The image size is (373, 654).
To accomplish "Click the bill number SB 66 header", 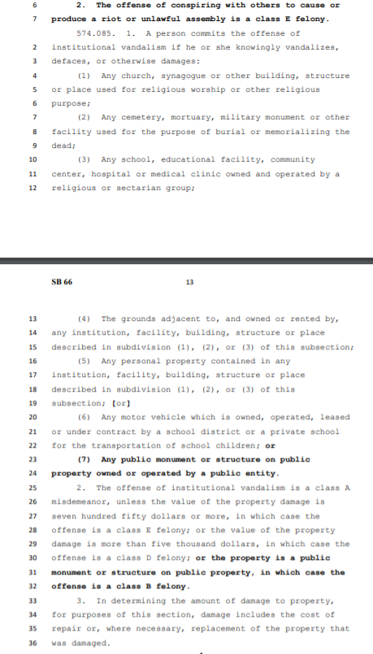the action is tap(62, 282).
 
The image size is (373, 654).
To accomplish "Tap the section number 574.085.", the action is tap(93, 33).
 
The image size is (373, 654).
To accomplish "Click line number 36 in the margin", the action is tap(33, 643).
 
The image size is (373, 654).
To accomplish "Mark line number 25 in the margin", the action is tap(33, 487).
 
